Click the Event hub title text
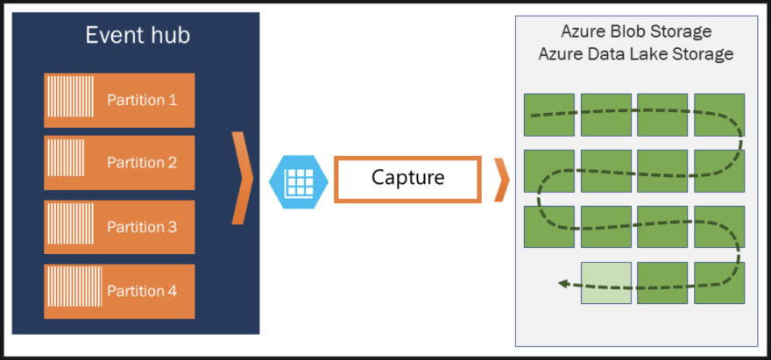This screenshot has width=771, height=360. pyautogui.click(x=138, y=36)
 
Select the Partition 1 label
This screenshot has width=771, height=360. pyautogui.click(x=142, y=100)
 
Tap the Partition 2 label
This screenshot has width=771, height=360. pyautogui.click(x=142, y=163)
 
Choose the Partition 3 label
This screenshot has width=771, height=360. pyautogui.click(x=142, y=227)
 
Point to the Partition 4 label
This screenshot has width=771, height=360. pyautogui.click(x=142, y=291)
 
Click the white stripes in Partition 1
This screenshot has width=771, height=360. pyautogui.click(x=67, y=100)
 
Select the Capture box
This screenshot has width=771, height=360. pyautogui.click(x=407, y=179)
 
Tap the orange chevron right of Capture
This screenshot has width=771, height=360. pyautogui.click(x=501, y=179)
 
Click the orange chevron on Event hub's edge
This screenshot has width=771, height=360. pyautogui.click(x=243, y=179)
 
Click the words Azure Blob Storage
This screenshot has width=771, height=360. pyautogui.click(x=636, y=32)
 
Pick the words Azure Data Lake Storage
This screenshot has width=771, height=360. pyautogui.click(x=636, y=54)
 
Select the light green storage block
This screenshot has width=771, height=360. pyautogui.click(x=605, y=283)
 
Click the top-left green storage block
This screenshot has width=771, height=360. pyautogui.click(x=548, y=114)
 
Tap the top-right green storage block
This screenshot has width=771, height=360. pyautogui.click(x=719, y=114)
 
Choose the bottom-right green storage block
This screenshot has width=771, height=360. pyautogui.click(x=719, y=283)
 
